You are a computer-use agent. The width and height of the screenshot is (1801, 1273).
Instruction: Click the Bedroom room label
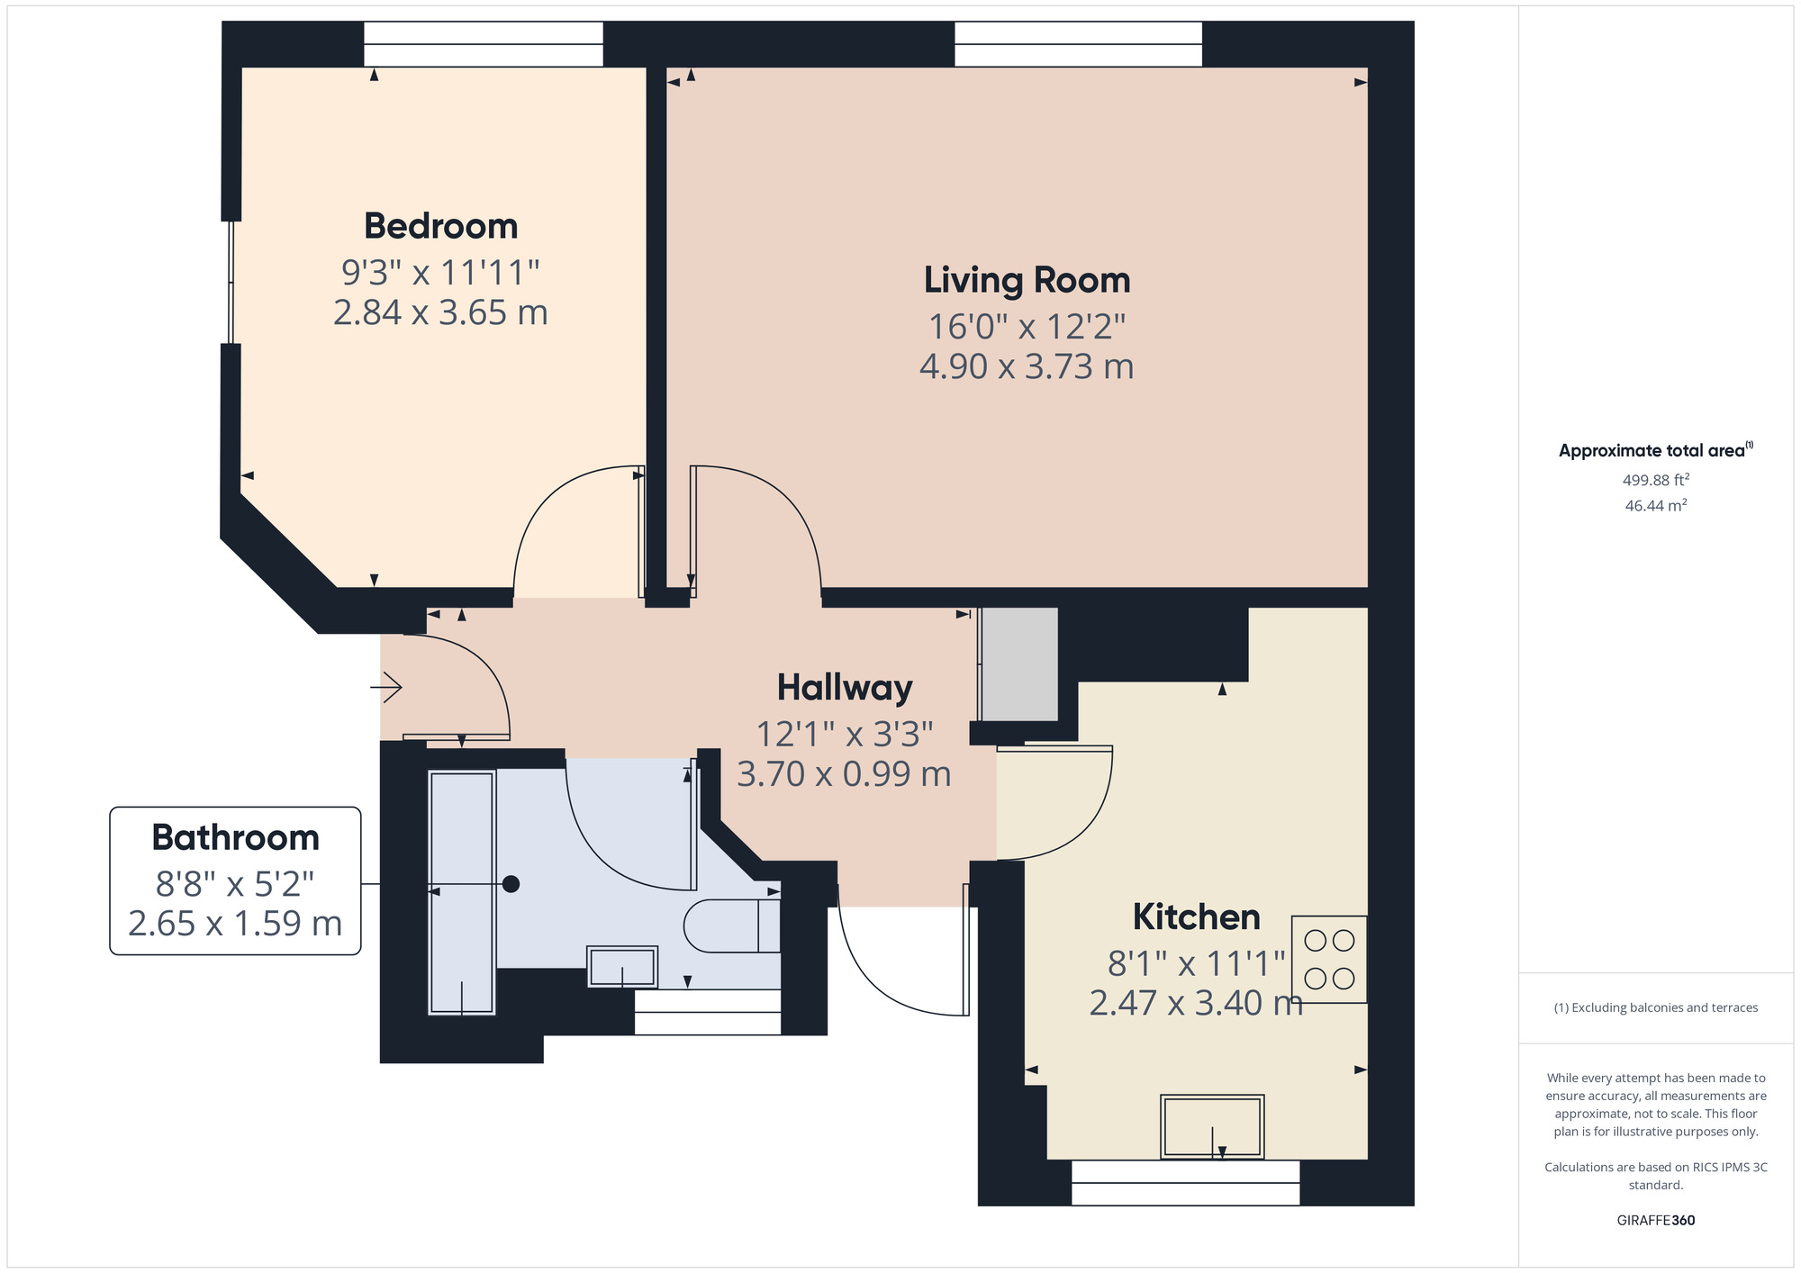coord(440,226)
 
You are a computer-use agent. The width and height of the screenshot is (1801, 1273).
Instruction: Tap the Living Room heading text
coord(1027,280)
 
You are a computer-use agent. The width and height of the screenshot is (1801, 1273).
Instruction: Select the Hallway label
coord(845,688)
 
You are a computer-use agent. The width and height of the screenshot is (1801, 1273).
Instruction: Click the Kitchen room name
coord(1196,917)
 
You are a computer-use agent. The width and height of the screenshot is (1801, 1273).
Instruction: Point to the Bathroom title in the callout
coord(235,838)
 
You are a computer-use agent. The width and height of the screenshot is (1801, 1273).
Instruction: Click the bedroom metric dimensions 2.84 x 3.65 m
coord(440,312)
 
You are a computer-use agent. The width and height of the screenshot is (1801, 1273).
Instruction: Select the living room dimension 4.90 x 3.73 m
coord(1027,366)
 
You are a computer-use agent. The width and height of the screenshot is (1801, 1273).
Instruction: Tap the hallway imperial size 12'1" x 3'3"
coord(845,735)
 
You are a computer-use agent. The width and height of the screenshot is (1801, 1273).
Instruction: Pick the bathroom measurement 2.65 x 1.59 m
coord(235,924)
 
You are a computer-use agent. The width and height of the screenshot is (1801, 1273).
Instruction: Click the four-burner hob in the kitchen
coord(1329,959)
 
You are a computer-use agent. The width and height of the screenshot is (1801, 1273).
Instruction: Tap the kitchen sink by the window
coord(1212,1126)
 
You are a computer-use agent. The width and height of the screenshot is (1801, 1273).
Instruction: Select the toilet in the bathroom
coord(732,925)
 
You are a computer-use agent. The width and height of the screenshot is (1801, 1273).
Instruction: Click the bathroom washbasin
coord(622,967)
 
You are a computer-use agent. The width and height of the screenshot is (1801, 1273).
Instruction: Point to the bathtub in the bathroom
coord(462,892)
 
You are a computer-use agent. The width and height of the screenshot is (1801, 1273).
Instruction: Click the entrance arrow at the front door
coord(386,689)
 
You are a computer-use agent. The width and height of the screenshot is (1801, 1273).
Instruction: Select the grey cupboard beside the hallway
coord(1019,664)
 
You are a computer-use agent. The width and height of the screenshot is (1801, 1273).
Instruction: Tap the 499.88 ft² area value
coord(1656,480)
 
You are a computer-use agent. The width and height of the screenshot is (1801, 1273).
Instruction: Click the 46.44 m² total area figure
coord(1656,505)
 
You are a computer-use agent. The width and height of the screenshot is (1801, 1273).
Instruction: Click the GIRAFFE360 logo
coord(1656,1221)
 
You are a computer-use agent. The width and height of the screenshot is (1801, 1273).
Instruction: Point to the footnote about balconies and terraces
coord(1656,1007)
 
